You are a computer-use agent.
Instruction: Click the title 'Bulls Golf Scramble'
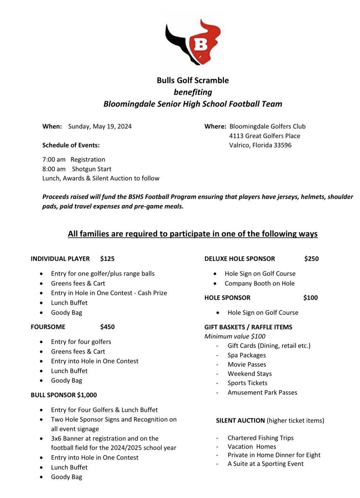192,81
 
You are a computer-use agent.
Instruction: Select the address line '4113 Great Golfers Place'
265,136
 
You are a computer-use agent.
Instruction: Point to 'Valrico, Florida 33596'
260,145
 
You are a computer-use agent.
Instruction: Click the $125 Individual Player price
107,259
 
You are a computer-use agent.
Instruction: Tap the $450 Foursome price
107,327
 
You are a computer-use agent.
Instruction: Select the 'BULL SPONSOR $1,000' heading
64,395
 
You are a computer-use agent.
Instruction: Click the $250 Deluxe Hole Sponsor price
311,259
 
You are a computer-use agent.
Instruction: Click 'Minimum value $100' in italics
235,337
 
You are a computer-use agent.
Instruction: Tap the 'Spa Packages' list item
247,355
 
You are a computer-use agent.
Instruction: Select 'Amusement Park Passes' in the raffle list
262,392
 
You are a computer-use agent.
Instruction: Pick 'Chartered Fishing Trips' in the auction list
260,438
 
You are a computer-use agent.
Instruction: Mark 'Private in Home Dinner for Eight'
274,455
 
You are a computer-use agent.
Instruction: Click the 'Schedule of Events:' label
71,145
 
